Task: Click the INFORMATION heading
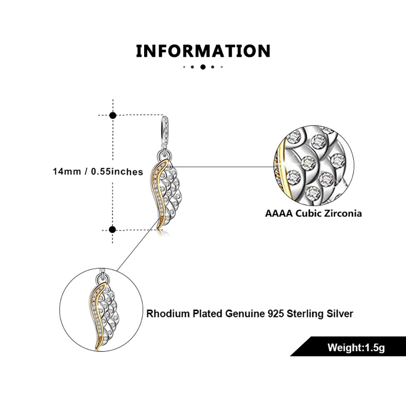pos(203,51)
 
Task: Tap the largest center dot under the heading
pos(203,67)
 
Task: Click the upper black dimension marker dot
pos(112,115)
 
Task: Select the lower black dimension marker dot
pos(112,229)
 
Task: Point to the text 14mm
pos(67,171)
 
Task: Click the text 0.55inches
pos(117,172)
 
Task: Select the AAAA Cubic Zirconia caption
pos(313,214)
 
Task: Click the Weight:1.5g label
pos(356,348)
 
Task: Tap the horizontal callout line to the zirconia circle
pos(223,167)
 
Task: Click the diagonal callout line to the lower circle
pos(137,245)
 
